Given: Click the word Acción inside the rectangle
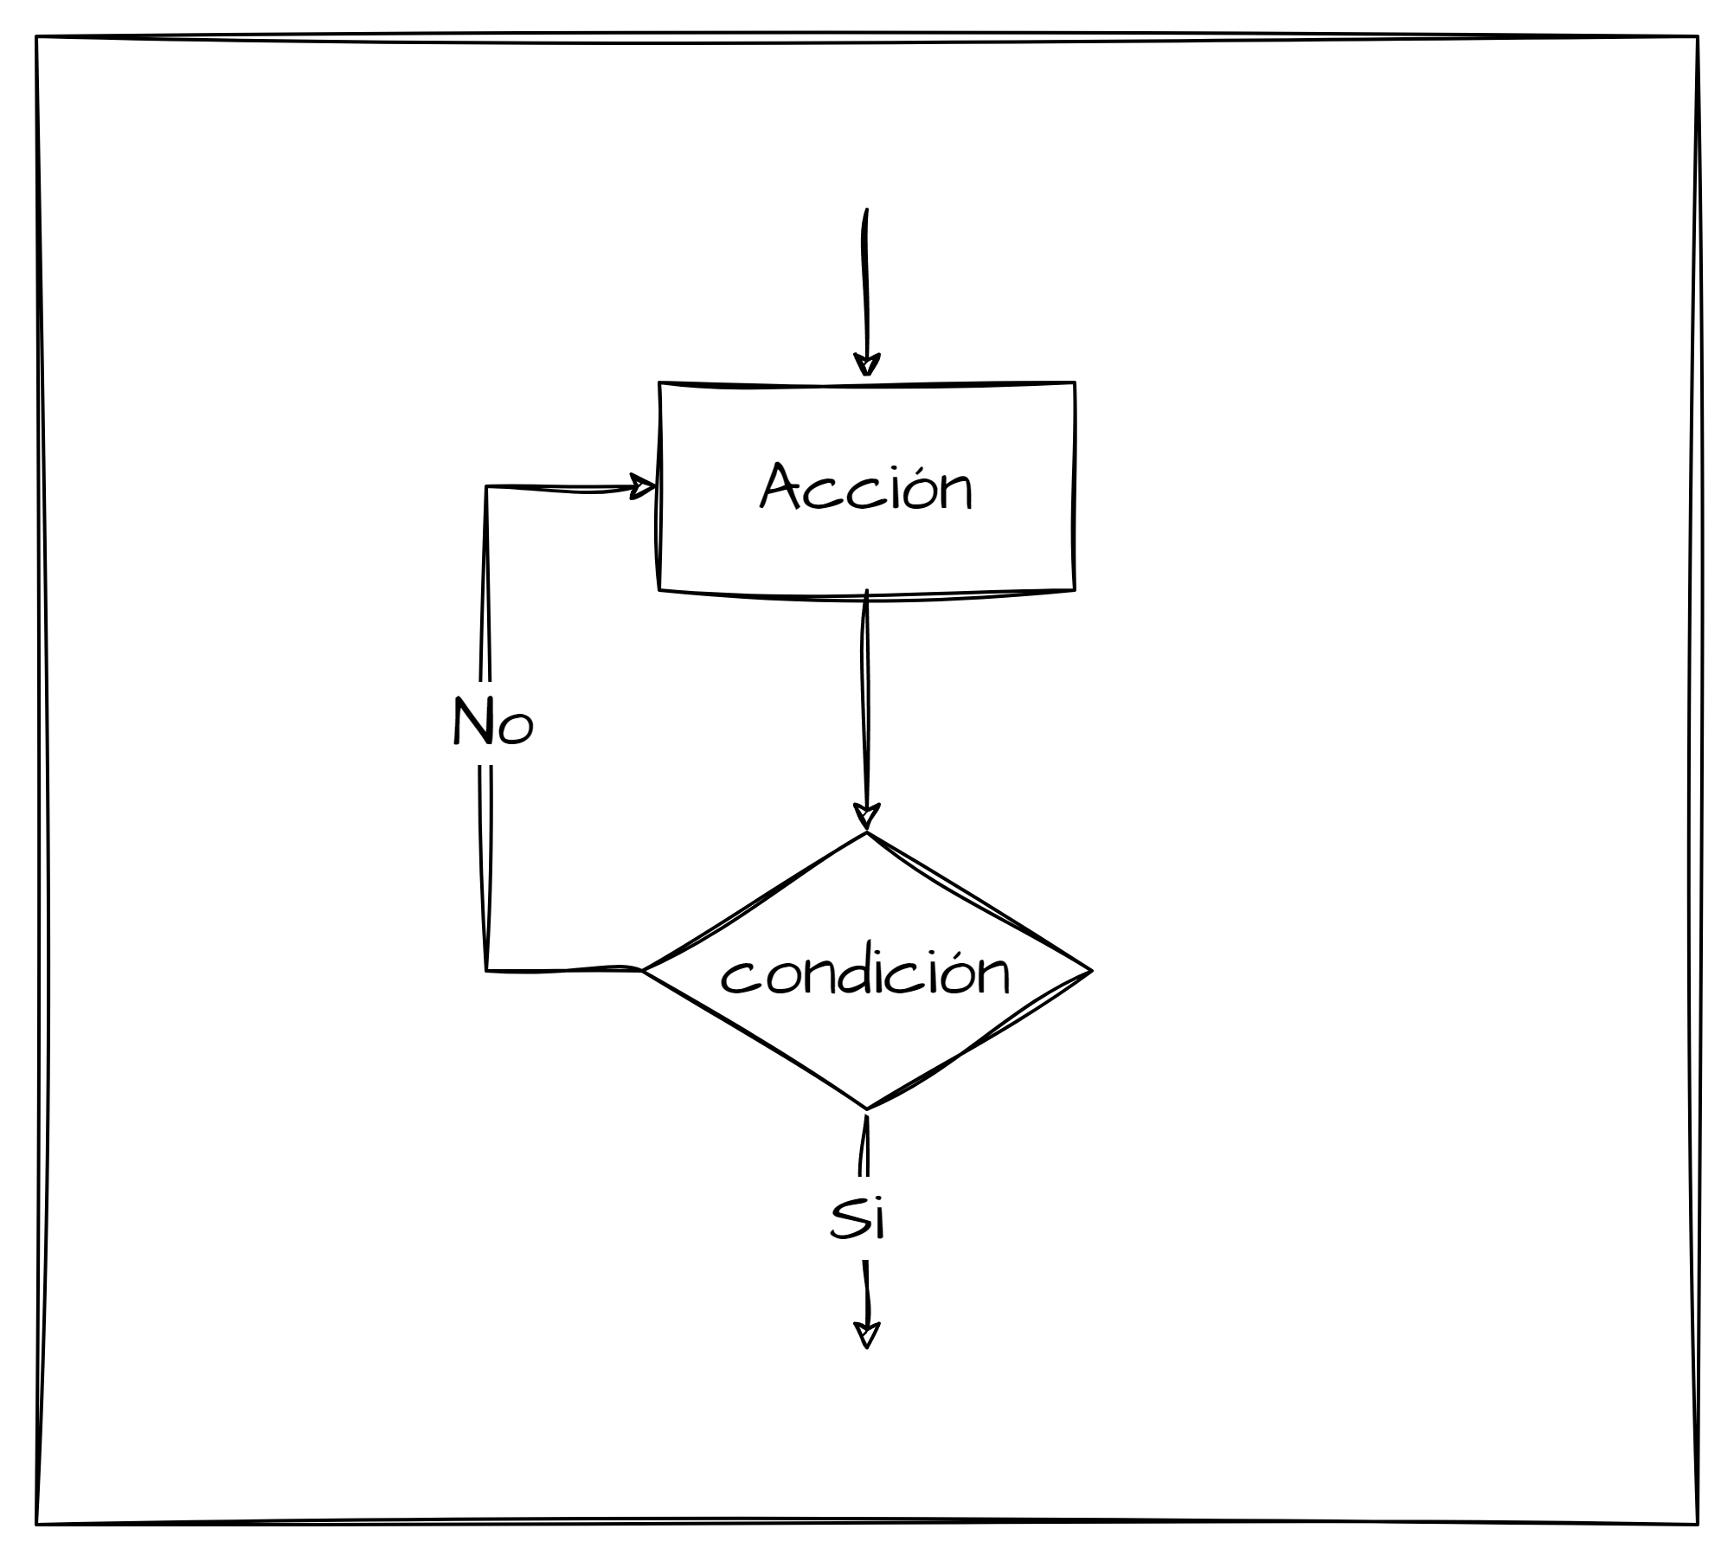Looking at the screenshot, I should pos(866,488).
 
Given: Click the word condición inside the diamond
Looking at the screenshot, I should pos(865,974).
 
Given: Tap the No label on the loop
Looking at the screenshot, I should pos(492,723).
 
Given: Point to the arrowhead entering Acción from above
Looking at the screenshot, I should pos(866,365).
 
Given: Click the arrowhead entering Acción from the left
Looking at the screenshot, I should pos(643,486).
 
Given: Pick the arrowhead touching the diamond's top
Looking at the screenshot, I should pos(866,817).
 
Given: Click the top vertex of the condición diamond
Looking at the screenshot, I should pos(866,833).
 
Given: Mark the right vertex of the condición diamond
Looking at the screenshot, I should pos(1091,971).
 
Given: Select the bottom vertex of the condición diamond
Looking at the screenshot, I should pos(866,1108).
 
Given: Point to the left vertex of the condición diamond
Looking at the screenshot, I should pos(642,971).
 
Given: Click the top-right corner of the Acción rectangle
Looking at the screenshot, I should pos(1075,382).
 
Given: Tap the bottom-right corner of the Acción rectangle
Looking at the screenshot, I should pos(1074,590).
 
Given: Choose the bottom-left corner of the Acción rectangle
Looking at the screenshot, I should pos(659,590).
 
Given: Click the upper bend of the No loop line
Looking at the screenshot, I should pos(486,487).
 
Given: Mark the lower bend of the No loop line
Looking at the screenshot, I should pos(486,970).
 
